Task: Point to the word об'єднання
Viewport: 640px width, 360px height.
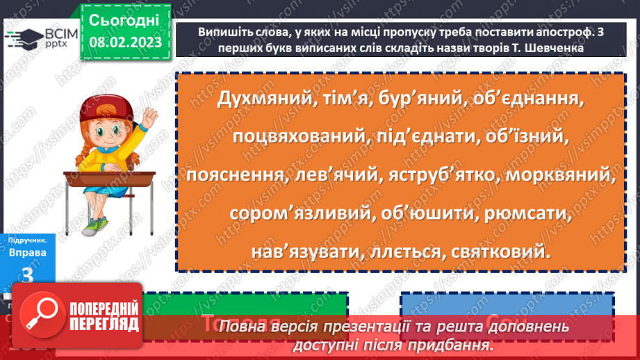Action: coord(520,99)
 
